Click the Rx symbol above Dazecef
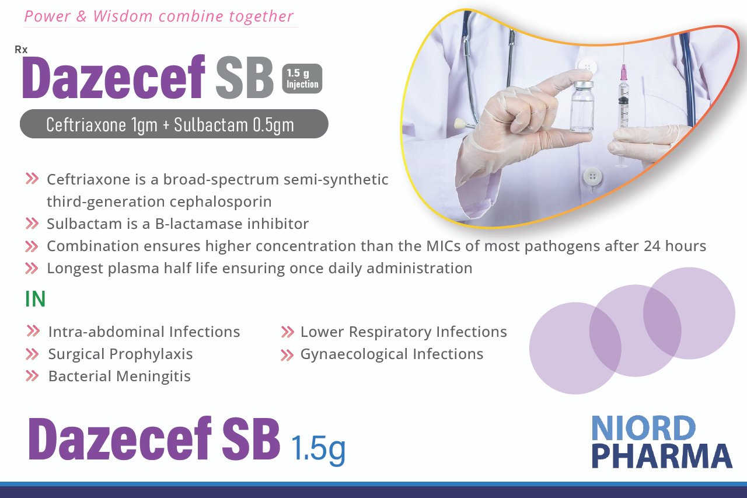tap(21, 50)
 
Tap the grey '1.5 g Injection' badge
tap(302, 78)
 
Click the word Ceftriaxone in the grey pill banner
tap(86, 124)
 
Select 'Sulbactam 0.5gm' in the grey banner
tap(234, 125)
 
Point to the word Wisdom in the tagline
tap(123, 16)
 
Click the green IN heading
tap(35, 299)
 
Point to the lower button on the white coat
tap(592, 177)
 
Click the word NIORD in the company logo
tap(643, 429)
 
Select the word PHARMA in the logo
tap(662, 456)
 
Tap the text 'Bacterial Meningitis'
tap(120, 376)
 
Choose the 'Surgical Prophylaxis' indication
tap(120, 354)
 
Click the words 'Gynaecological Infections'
tap(392, 354)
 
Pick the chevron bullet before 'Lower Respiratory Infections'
tap(288, 332)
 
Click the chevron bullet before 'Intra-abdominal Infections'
tap(33, 331)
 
